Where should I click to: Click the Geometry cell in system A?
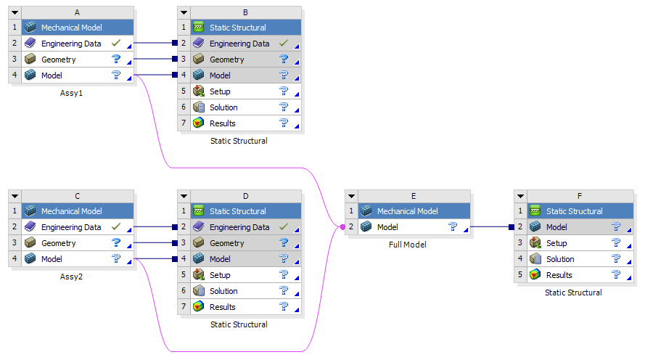[59, 60]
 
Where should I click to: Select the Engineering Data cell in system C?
[70, 227]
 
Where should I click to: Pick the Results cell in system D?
[222, 307]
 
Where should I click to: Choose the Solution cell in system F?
[560, 259]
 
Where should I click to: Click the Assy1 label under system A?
[72, 93]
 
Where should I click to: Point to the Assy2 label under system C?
[72, 277]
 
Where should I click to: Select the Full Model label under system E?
[408, 245]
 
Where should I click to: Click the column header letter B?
[245, 12]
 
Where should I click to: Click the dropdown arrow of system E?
[351, 196]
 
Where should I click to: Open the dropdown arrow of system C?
[15, 196]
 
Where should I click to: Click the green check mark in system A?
[116, 44]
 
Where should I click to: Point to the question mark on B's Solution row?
[284, 107]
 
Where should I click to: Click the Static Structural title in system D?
[238, 211]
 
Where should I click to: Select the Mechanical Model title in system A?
[71, 28]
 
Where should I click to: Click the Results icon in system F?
[535, 275]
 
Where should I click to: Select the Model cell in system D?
[220, 259]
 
